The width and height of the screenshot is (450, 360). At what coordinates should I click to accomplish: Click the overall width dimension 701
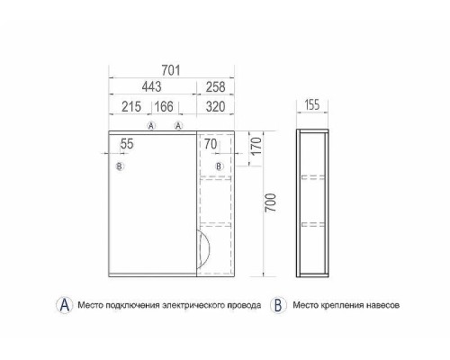[x=171, y=70]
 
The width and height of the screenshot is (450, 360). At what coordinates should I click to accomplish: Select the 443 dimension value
[x=151, y=87]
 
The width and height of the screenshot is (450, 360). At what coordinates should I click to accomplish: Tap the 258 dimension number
[x=215, y=87]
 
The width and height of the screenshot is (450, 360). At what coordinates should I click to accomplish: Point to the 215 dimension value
[x=131, y=106]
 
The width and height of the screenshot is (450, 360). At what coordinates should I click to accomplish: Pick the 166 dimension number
[x=164, y=106]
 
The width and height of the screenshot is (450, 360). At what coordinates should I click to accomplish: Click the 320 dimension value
[x=215, y=106]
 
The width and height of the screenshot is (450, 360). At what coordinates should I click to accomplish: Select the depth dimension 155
[x=312, y=105]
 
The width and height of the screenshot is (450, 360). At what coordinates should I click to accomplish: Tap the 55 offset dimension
[x=127, y=144]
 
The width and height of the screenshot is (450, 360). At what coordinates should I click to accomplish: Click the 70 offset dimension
[x=211, y=144]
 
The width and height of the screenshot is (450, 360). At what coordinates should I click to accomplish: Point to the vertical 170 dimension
[x=256, y=146]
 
